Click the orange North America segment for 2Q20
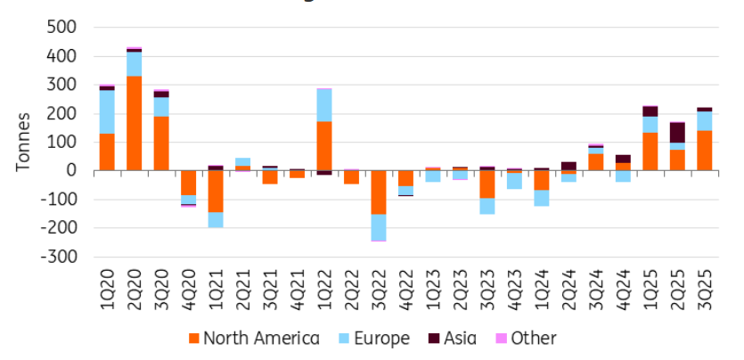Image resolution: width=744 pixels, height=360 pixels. pos(134,123)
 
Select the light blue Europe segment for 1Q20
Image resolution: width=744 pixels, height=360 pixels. pos(107,111)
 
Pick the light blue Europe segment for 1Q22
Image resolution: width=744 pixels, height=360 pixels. pos(324,105)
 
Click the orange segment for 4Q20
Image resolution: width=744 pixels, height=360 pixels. pos(188,183)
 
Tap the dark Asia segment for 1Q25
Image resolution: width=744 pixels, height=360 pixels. pos(651,111)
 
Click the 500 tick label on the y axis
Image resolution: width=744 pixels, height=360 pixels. pos(60,28)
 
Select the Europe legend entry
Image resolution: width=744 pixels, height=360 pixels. pos(378,339)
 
